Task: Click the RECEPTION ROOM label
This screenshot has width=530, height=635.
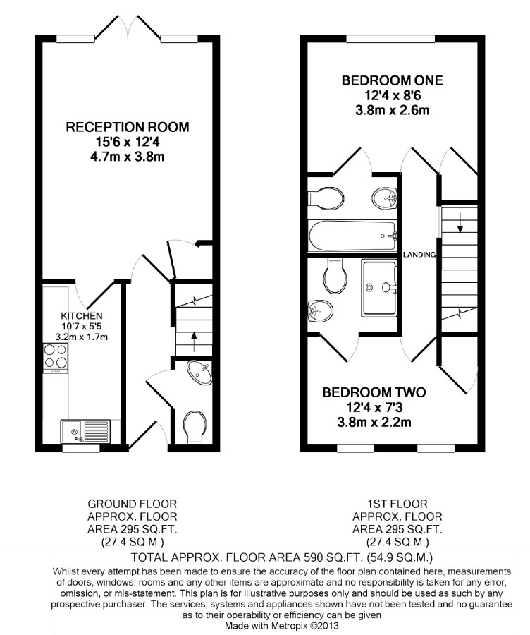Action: click(128, 127)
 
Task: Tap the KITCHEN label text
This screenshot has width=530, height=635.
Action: click(81, 315)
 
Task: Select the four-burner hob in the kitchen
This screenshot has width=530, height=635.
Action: click(56, 358)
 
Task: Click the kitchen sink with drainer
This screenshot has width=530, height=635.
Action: click(85, 431)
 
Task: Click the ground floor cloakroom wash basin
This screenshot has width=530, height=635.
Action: click(199, 373)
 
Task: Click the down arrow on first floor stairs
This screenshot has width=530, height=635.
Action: click(460, 224)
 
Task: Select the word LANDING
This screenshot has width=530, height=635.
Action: click(419, 254)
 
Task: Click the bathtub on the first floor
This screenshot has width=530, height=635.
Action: click(352, 236)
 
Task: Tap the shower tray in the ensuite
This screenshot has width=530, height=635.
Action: click(379, 289)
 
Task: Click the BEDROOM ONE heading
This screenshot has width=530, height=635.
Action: click(392, 80)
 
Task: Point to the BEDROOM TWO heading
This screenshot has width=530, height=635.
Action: click(374, 392)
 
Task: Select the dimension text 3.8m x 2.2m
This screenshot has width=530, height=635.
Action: click(374, 423)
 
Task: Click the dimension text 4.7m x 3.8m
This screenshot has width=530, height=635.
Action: click(128, 157)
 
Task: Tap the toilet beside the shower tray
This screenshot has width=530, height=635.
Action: click(335, 276)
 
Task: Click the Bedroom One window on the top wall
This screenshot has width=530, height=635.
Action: click(390, 39)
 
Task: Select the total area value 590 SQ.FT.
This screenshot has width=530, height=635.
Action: click(333, 557)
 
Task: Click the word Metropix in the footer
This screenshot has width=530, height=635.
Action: click(288, 625)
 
